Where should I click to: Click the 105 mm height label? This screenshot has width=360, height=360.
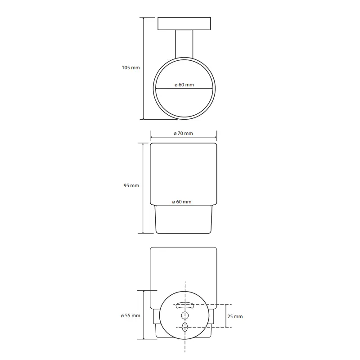click(x=130, y=68)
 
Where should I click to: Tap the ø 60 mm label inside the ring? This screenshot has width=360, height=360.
click(x=184, y=85)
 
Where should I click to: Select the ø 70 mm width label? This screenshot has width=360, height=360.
click(x=183, y=133)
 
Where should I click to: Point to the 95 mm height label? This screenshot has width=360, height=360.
click(x=131, y=185)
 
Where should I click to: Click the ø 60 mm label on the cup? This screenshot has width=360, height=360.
click(x=182, y=202)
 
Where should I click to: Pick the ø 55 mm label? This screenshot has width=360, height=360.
click(x=130, y=316)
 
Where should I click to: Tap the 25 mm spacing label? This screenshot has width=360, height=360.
click(x=235, y=317)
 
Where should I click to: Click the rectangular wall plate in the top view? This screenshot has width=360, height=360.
click(x=184, y=24)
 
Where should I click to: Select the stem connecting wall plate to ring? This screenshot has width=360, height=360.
click(x=184, y=44)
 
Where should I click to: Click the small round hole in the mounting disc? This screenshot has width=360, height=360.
click(x=185, y=316)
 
